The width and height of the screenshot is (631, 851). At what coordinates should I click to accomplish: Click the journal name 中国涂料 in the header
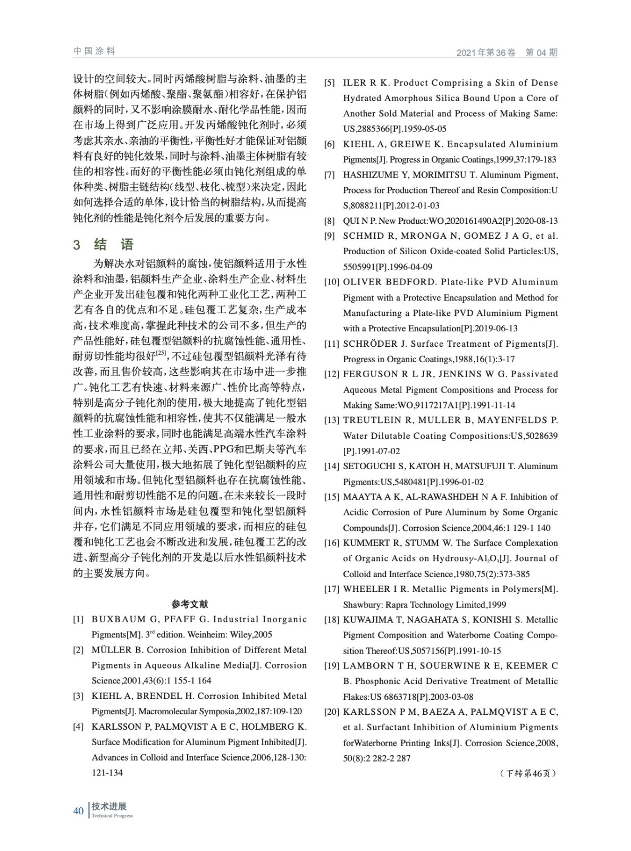(x=94, y=51)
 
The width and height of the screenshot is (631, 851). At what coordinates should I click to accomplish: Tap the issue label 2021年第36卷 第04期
(x=507, y=52)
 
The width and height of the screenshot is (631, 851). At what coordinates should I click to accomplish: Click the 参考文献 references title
(x=190, y=604)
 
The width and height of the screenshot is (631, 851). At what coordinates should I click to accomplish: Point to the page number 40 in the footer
(x=78, y=811)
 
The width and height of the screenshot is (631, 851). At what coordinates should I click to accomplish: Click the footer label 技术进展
(x=108, y=806)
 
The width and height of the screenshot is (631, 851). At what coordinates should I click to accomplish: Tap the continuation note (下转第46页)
(x=528, y=773)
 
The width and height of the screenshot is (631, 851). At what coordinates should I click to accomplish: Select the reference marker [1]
(x=78, y=619)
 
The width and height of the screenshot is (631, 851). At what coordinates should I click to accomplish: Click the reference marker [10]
(x=332, y=282)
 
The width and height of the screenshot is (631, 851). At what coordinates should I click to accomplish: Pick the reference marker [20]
(x=332, y=712)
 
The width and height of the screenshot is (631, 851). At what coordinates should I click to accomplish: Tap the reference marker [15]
(x=332, y=497)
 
